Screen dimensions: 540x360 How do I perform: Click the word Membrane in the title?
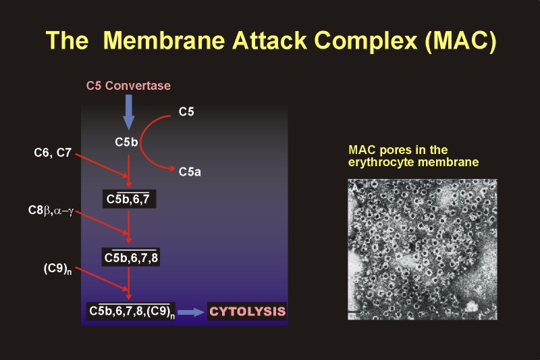point(164,41)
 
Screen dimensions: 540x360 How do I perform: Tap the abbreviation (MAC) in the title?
point(460,41)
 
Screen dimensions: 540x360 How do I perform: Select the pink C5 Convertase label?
point(128,85)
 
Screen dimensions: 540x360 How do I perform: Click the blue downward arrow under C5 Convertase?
point(128,112)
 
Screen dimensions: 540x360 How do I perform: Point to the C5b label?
point(126,142)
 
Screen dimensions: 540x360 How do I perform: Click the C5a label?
point(190,172)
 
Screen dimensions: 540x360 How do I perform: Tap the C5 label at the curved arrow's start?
point(186,111)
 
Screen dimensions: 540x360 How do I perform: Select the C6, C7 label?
point(53,153)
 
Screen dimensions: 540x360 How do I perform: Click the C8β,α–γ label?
point(51,211)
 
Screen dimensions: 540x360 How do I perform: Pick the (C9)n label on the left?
point(57,269)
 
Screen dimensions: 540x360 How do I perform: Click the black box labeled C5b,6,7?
point(129,199)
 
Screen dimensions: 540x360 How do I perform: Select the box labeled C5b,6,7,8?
point(130,257)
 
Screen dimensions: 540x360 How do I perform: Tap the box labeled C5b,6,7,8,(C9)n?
point(131,311)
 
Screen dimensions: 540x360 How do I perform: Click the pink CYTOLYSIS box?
point(247,311)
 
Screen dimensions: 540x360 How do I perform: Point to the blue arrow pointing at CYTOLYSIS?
point(191,312)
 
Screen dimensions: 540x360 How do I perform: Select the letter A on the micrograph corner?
point(355,188)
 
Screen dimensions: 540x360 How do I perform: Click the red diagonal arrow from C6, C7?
point(102,166)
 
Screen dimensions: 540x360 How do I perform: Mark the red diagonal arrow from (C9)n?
point(102,279)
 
